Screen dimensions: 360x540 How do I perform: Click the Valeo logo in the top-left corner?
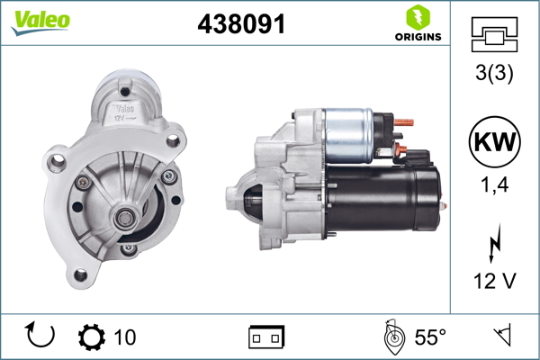(x=40, y=22)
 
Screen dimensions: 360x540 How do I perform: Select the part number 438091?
(x=241, y=25)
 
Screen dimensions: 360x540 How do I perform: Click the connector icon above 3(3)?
(x=495, y=34)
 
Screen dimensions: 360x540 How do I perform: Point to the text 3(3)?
(x=495, y=76)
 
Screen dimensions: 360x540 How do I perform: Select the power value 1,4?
(x=495, y=187)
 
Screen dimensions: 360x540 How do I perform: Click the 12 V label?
(x=495, y=282)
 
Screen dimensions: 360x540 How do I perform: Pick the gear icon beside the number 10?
(x=92, y=337)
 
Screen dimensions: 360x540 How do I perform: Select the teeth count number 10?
(x=125, y=337)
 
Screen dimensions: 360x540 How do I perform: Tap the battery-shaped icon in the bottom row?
(x=266, y=337)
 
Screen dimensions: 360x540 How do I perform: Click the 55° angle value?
(x=430, y=337)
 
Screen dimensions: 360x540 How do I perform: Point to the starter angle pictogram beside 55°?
(x=392, y=337)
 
